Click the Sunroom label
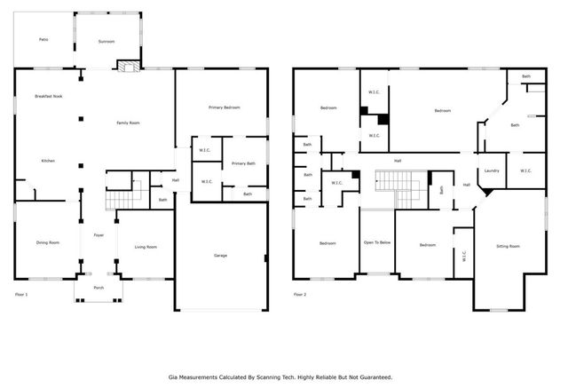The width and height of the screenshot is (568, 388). point(106,42)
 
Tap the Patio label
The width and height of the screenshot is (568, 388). point(43,40)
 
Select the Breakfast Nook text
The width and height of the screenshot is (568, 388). point(48,96)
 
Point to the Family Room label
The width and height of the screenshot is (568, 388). point(130,123)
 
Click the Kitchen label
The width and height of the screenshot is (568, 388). point(48,161)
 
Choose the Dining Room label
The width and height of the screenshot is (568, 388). point(48,242)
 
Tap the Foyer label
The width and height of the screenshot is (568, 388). point(99,235)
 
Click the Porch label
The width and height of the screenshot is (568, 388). point(99,288)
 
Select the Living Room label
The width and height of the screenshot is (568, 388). point(146,247)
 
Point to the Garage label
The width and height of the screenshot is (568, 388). point(220,256)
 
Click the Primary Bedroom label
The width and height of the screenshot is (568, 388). point(225,107)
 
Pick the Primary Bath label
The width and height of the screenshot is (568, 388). point(244,164)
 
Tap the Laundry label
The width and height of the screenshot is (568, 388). point(492,170)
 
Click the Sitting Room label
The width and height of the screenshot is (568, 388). point(508,246)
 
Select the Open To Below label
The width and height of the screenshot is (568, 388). point(377,242)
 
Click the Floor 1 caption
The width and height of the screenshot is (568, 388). point(22,294)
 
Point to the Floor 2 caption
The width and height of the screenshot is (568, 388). point(301,294)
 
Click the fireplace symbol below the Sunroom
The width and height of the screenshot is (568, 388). point(128,65)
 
